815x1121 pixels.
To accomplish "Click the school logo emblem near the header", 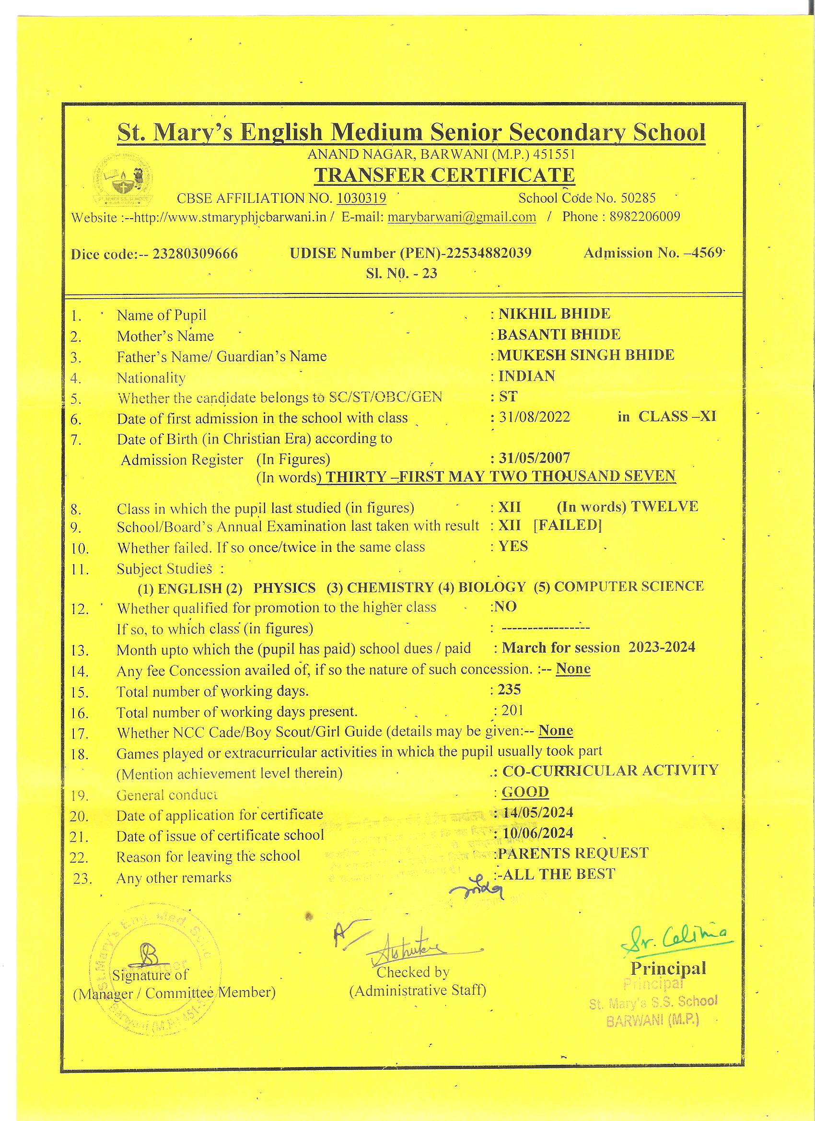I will (124, 182).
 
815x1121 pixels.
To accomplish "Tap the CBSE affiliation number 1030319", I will (361, 198).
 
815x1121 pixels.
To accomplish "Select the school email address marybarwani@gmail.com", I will (462, 217).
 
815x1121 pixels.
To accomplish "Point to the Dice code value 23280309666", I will (195, 254).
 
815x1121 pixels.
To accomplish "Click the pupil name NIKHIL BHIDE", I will (554, 314).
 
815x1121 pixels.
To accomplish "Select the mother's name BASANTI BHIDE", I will (559, 334).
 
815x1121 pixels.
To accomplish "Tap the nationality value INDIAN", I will (526, 375).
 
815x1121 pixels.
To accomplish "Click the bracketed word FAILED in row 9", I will (568, 525).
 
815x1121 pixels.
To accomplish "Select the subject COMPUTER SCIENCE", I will (629, 586).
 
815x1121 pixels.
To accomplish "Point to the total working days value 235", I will (509, 689).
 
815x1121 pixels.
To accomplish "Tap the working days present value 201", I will (512, 710).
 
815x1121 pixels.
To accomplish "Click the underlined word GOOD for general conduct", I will (525, 792).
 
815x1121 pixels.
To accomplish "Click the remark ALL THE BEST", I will (559, 874).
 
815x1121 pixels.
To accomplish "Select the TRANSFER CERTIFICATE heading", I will (444, 175).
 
